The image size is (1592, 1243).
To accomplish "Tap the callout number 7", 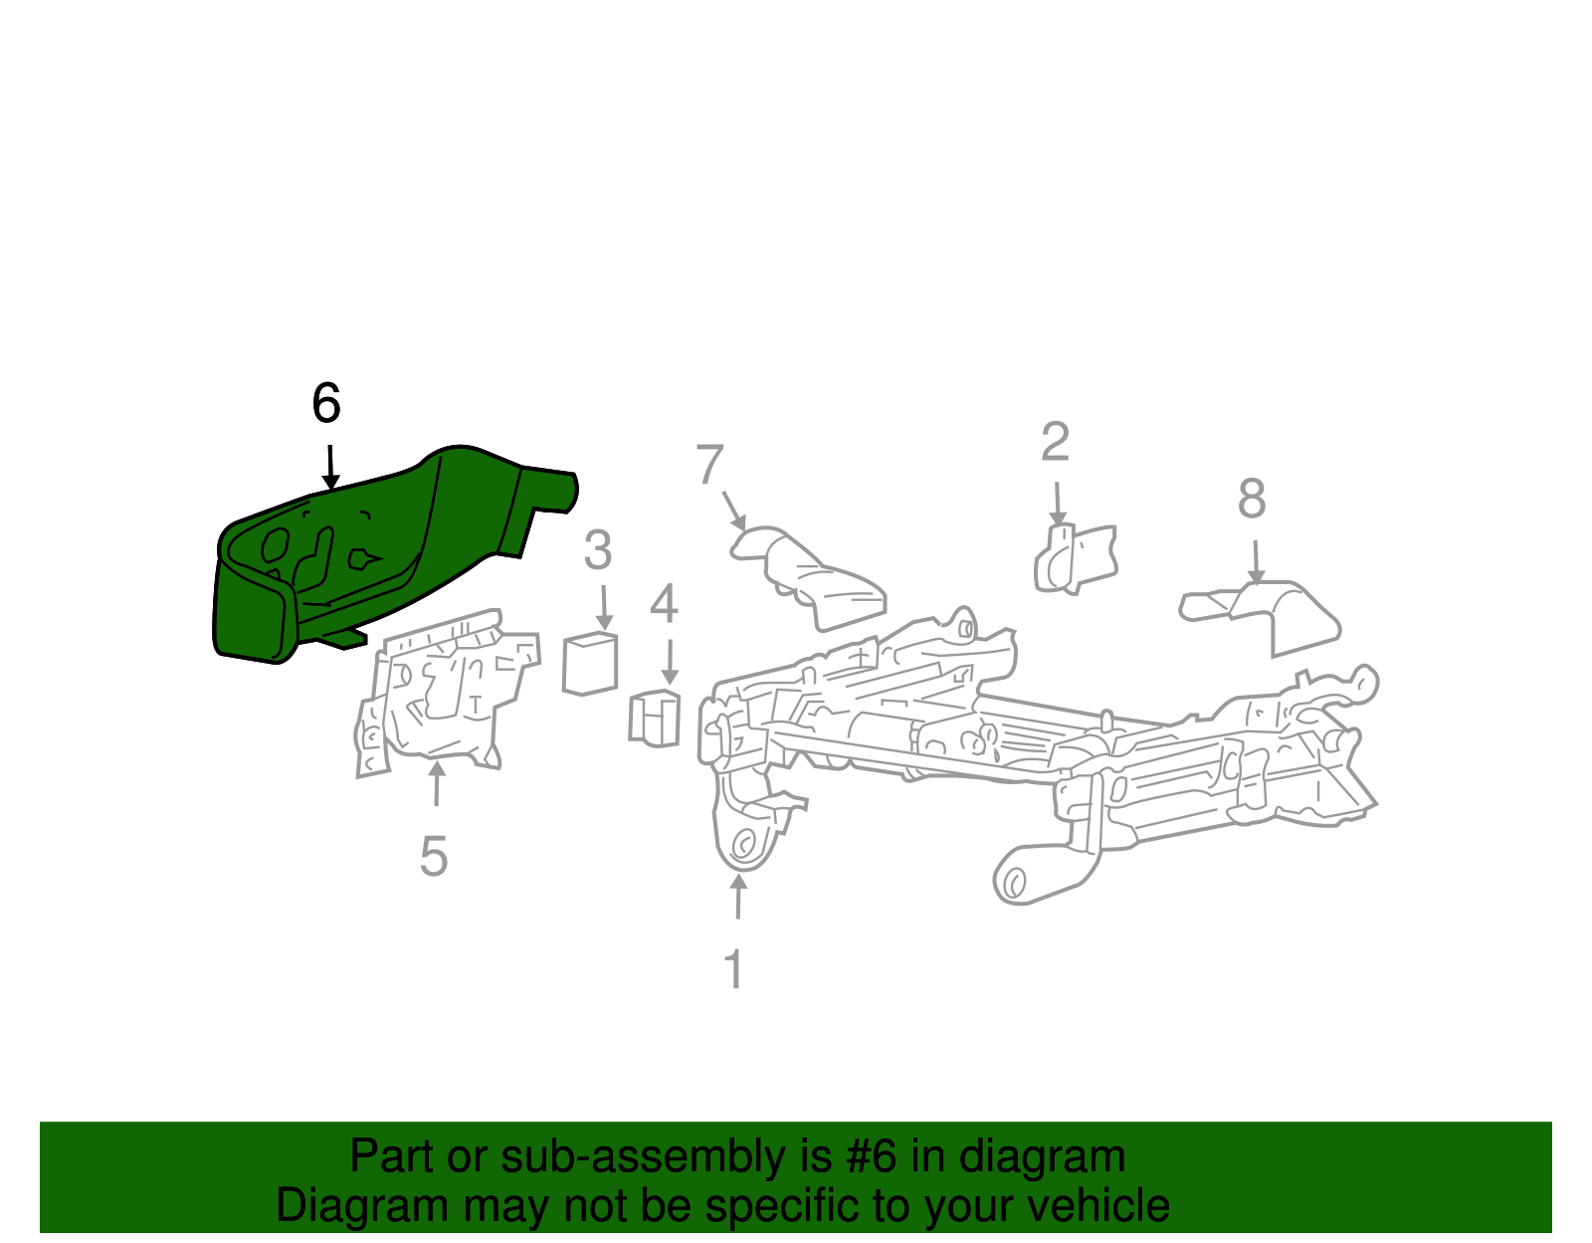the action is pos(709,464).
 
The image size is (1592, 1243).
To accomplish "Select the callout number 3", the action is pos(597,550).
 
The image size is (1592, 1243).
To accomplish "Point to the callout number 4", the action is pos(664,603).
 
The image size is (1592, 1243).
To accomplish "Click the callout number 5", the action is pos(434,856).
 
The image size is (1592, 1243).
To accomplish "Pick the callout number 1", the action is pos(734,968).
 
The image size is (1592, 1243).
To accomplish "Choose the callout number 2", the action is pos(1055,441).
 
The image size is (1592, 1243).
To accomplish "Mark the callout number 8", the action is pos(1252,499).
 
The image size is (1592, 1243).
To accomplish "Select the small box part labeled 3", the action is pos(590,664).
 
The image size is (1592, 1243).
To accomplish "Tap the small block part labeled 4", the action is pos(655,718).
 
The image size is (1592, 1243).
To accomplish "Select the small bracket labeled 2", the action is pos(1075,559).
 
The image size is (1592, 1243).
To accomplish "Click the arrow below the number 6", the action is pos(330,468).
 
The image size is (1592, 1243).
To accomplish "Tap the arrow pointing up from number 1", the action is pos(738,897).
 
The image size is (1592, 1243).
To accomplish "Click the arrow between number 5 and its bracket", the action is pos(437,783).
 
